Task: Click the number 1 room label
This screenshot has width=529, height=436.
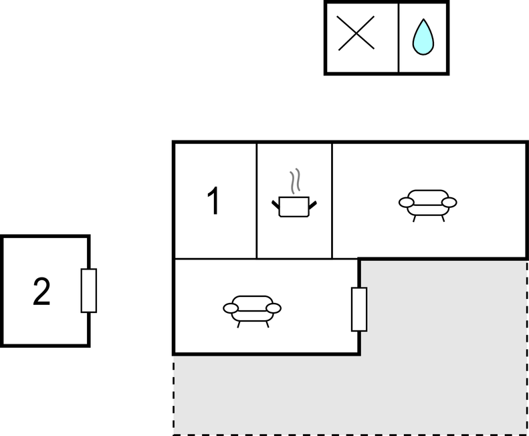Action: [213, 201]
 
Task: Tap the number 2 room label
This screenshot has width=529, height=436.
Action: [41, 292]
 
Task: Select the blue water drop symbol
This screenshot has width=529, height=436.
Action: [423, 37]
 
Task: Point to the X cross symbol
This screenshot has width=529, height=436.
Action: [356, 33]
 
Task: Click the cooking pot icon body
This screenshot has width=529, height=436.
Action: [294, 207]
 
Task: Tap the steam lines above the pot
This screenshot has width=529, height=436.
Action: [295, 181]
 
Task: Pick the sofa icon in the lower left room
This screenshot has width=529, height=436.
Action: [252, 311]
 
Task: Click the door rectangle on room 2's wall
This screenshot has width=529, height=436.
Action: [89, 290]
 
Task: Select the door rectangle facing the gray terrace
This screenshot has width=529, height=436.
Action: [359, 309]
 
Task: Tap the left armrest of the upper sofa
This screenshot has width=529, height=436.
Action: [406, 203]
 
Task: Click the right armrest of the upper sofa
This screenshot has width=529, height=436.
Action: [449, 203]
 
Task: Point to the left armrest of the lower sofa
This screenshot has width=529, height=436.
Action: [231, 308]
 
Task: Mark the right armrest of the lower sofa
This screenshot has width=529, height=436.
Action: [274, 308]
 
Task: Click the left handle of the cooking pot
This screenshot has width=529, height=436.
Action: [276, 205]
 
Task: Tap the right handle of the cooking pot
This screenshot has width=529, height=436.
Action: [313, 205]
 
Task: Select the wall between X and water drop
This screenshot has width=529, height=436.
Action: [399, 38]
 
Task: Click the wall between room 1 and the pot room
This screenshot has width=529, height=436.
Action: [257, 201]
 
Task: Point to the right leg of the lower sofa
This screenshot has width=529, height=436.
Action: [268, 324]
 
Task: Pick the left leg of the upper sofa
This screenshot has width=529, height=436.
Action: [414, 219]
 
